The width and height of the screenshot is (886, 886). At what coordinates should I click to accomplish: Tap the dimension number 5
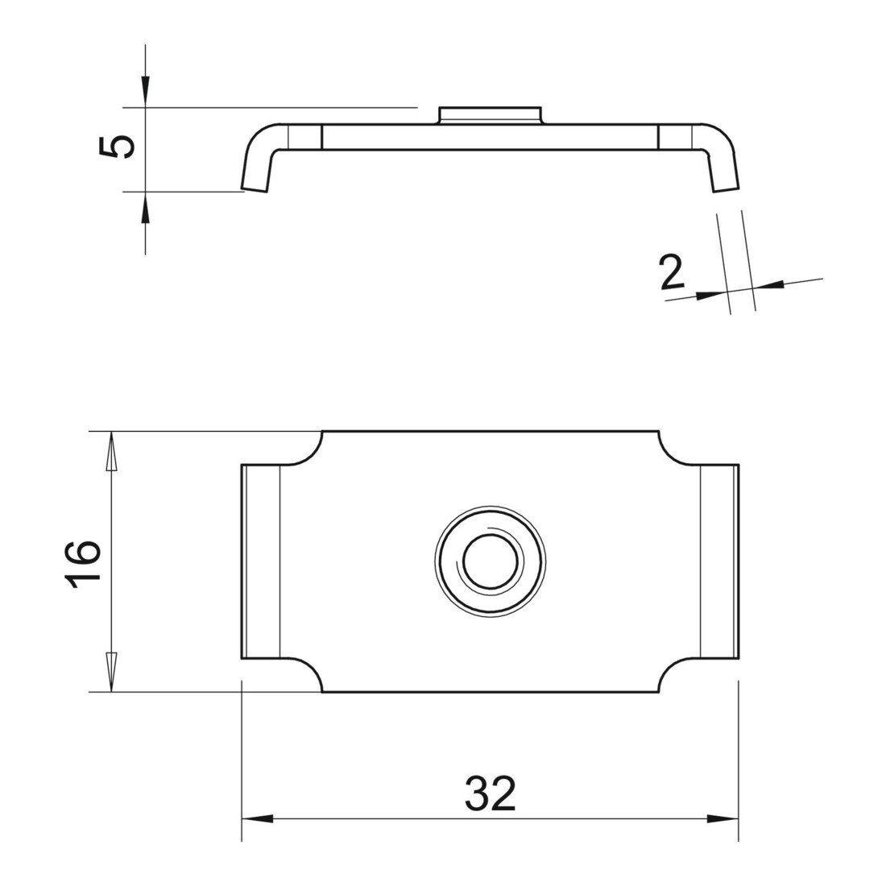(x=118, y=147)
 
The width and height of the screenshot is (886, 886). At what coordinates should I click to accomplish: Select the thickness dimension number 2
(x=672, y=272)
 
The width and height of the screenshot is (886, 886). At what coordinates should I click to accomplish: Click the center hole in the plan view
(x=490, y=561)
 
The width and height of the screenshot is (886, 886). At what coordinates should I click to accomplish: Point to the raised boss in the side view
(x=491, y=114)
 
